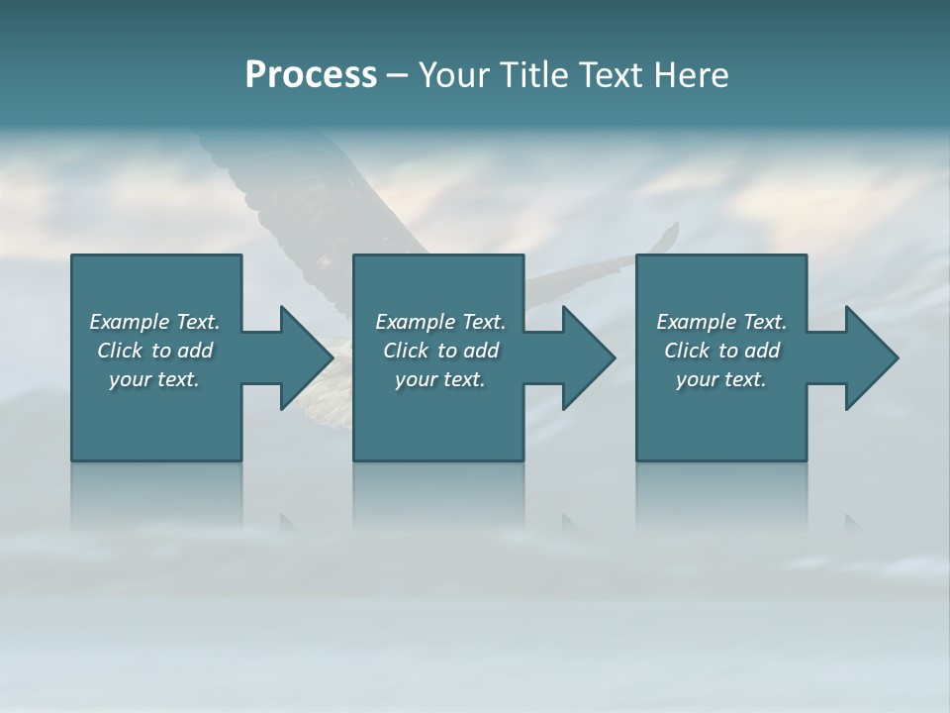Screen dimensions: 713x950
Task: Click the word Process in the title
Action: [311, 75]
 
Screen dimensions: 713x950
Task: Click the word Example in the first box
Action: [130, 322]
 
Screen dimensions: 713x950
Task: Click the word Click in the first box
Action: [120, 351]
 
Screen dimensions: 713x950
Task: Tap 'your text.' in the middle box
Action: [439, 379]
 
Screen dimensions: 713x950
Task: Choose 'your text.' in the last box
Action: [720, 379]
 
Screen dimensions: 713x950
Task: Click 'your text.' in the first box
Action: [153, 379]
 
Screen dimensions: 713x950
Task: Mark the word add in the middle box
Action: [481, 351]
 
